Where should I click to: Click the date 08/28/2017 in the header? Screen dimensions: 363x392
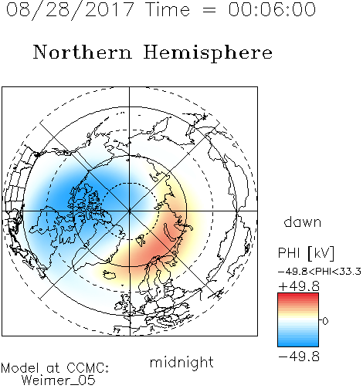pos(70,10)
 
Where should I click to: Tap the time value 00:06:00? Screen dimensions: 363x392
pos(272,9)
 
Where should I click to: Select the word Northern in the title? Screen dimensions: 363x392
pos(83,52)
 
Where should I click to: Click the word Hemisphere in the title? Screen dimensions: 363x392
pos(208,52)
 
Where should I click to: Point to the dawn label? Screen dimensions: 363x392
pos(303,222)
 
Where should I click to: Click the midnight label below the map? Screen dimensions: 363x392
pos(181,363)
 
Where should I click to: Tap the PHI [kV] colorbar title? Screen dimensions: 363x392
pos(306,253)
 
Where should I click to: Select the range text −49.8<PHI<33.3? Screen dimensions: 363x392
pos(320,272)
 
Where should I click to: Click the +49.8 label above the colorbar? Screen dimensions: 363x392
pos(299,286)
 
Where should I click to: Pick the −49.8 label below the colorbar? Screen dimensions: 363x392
pos(299,357)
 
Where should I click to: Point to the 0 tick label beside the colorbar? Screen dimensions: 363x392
pos(325,321)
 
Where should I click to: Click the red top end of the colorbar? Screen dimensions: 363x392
pos(298,295)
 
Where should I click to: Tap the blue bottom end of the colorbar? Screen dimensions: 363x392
pos(298,344)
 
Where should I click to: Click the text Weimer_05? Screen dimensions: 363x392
pos(59,380)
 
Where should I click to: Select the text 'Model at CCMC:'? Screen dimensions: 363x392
pos(55,368)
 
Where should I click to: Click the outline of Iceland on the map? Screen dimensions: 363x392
pos(110,275)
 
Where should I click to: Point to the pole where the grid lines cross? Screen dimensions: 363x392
pos(129,211)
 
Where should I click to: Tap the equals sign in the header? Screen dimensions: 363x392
pos(209,11)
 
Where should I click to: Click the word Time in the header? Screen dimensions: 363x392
pos(168,9)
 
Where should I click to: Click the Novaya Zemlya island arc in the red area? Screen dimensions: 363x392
pos(171,234)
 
